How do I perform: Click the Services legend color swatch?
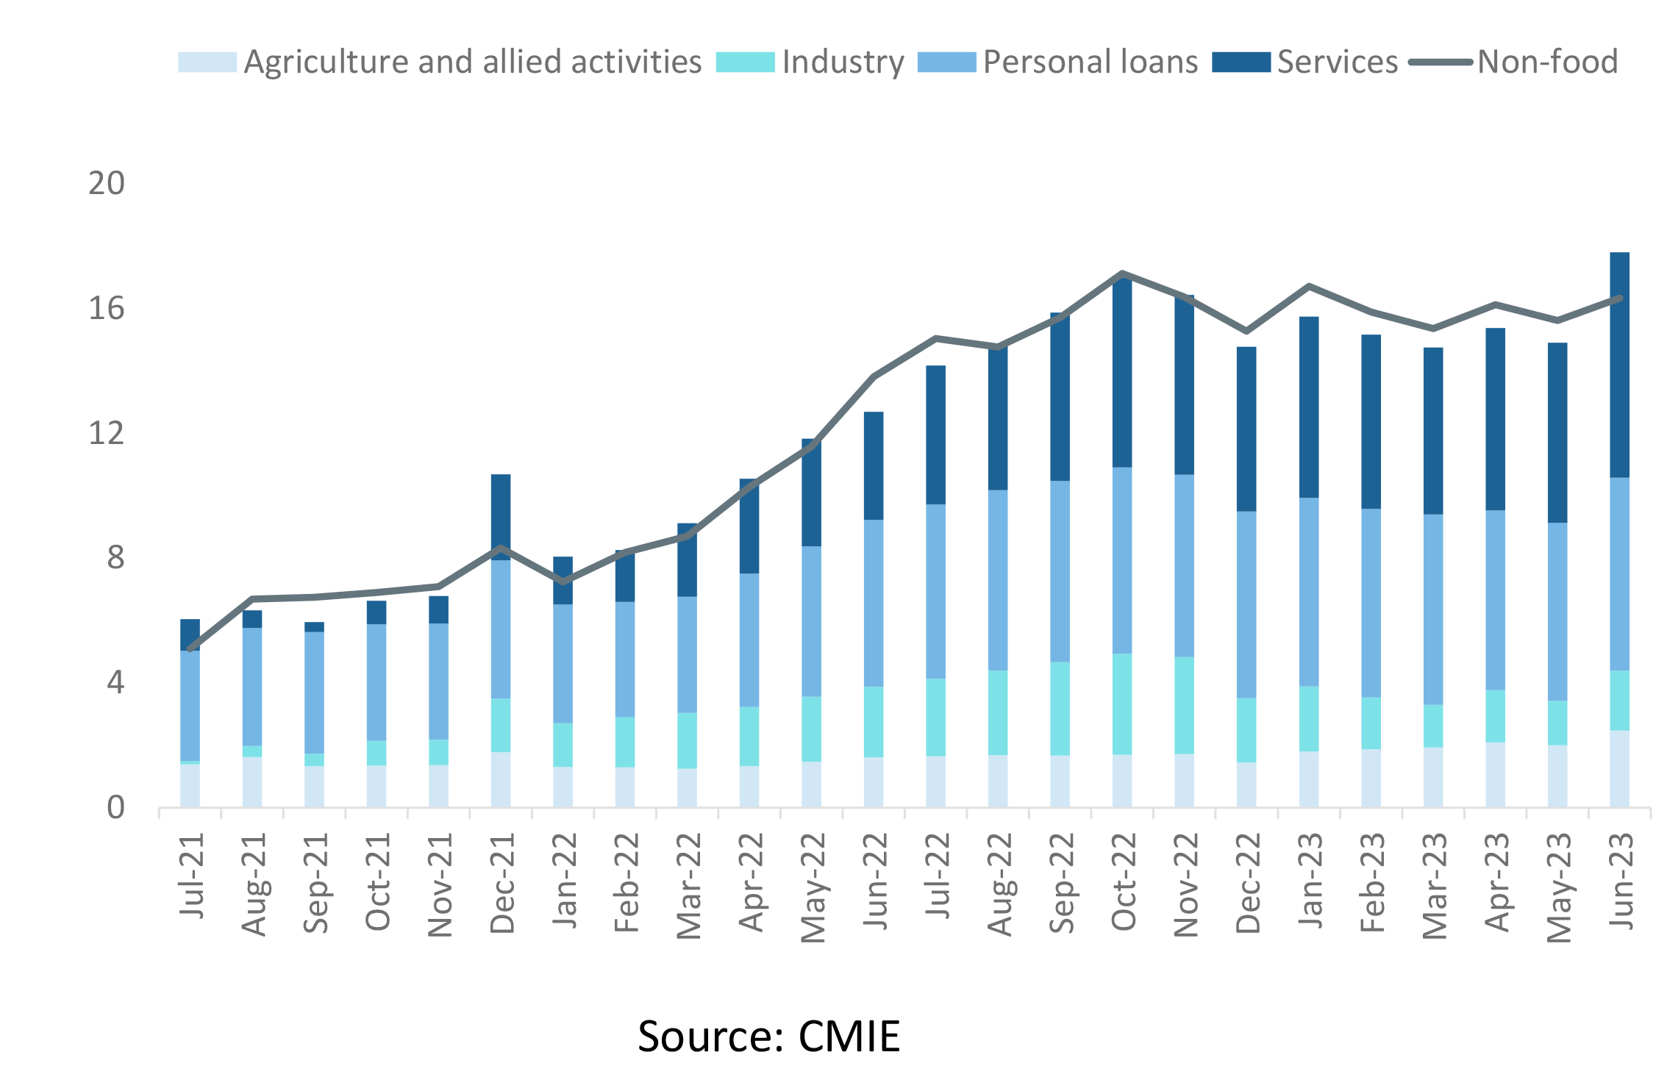pyautogui.click(x=1241, y=62)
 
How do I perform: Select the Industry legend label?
pyautogui.click(x=843, y=62)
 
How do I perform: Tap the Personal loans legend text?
pyautogui.click(x=1090, y=62)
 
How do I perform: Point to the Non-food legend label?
pyautogui.click(x=1547, y=62)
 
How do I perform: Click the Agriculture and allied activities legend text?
pyautogui.click(x=472, y=62)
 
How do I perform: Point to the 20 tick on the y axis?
pyautogui.click(x=107, y=183)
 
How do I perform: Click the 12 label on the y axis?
pyautogui.click(x=107, y=433)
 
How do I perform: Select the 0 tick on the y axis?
pyautogui.click(x=115, y=808)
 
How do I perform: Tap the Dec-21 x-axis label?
pyautogui.click(x=502, y=883)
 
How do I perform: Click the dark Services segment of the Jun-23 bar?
pyautogui.click(x=1619, y=365)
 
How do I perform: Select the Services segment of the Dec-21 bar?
pyautogui.click(x=501, y=517)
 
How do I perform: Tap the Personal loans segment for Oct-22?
pyautogui.click(x=1122, y=560)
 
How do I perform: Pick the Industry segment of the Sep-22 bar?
pyautogui.click(x=1060, y=709)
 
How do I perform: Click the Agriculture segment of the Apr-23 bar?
pyautogui.click(x=1495, y=775)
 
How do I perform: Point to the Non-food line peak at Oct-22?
pyautogui.click(x=1122, y=273)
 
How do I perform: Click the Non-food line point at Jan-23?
pyautogui.click(x=1309, y=286)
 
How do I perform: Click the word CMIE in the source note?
pyautogui.click(x=849, y=1037)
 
